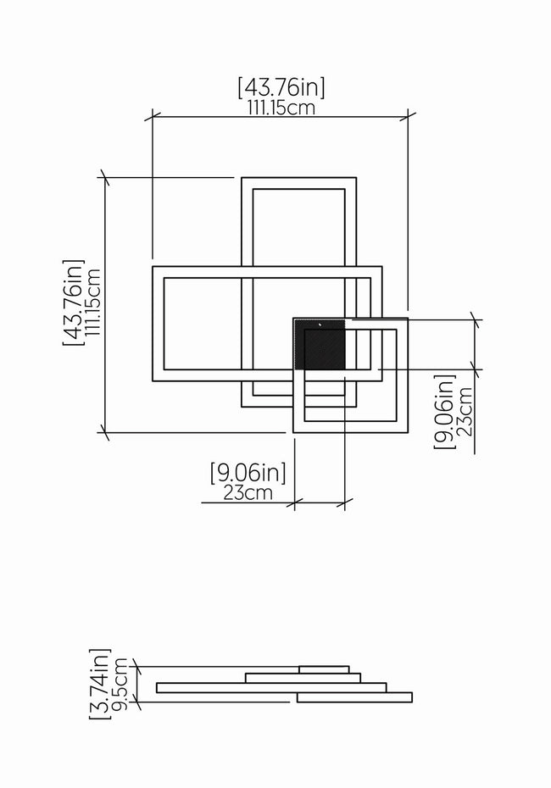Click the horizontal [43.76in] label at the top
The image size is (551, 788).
(281, 87)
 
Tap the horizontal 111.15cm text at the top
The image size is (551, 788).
(281, 108)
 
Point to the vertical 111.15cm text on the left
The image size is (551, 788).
(93, 302)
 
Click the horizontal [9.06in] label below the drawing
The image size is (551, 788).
(248, 473)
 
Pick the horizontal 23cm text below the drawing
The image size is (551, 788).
(248, 493)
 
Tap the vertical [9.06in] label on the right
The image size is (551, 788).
(444, 411)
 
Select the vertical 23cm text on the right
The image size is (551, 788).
(465, 411)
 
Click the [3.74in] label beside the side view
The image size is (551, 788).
(99, 684)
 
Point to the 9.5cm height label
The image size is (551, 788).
(120, 685)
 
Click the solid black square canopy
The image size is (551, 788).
(320, 344)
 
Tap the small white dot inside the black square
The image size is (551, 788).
(320, 325)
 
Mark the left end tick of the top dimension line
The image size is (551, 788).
(153, 117)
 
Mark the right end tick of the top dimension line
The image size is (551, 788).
(408, 117)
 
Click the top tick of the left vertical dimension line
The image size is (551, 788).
(105, 177)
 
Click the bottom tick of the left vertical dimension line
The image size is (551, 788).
(105, 432)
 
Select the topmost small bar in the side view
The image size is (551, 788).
(324, 669)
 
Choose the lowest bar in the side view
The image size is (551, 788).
(354, 697)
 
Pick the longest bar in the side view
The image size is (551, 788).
(271, 687)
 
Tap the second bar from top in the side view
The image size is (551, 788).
(303, 678)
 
